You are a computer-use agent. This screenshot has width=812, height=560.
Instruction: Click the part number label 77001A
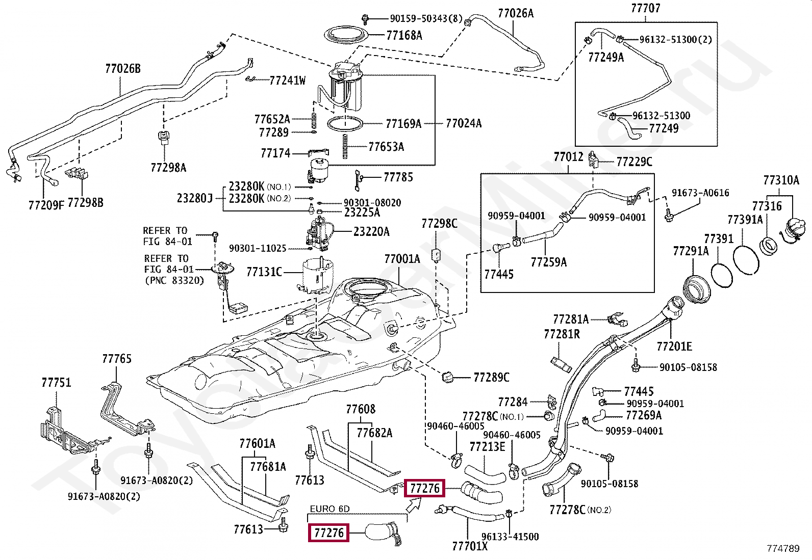pyautogui.click(x=402, y=259)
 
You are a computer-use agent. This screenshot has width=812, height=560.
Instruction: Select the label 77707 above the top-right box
pyautogui.click(x=645, y=8)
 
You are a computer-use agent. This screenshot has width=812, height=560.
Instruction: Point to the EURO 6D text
pyautogui.click(x=329, y=509)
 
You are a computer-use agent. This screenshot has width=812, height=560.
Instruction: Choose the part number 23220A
pyautogui.click(x=371, y=232)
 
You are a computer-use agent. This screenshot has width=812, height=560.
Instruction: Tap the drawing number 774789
pyautogui.click(x=783, y=548)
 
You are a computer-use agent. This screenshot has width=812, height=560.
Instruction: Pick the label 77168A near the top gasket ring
pyautogui.click(x=404, y=35)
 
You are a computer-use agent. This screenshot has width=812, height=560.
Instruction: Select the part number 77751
pyautogui.click(x=56, y=383)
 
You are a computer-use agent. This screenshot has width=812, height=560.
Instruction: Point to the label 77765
pyautogui.click(x=116, y=359)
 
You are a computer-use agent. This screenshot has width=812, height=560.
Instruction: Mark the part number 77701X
pyautogui.click(x=469, y=546)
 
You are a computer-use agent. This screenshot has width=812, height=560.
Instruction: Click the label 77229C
pyautogui.click(x=634, y=162)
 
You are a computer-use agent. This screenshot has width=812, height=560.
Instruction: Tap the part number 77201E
pyautogui.click(x=674, y=346)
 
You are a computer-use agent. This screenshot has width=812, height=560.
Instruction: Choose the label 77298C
pyautogui.click(x=439, y=224)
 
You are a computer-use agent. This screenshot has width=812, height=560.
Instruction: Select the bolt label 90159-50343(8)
pyautogui.click(x=426, y=19)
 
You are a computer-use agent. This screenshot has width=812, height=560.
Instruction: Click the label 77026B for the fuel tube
pyautogui.click(x=122, y=69)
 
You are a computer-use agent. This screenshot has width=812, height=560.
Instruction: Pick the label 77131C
pyautogui.click(x=264, y=272)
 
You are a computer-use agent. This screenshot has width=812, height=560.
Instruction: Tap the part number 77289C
pyautogui.click(x=491, y=378)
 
